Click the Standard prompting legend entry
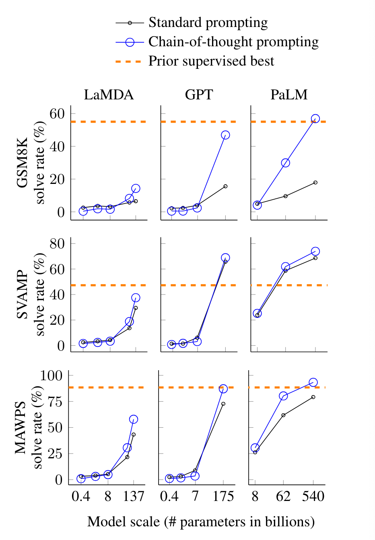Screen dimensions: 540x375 click(208, 23)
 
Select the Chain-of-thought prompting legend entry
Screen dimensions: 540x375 click(233, 42)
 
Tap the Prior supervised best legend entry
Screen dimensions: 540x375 click(211, 61)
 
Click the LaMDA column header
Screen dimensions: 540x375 click(109, 95)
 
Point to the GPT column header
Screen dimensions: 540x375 click(199, 95)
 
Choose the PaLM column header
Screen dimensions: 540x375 click(289, 95)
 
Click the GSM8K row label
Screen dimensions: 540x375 click(23, 163)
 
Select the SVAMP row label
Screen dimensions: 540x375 click(23, 295)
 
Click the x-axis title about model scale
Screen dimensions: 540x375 click(201, 522)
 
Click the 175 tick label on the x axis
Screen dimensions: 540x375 click(223, 497)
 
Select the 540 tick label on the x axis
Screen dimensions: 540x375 click(313, 497)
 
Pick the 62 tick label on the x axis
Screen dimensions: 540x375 click(283, 497)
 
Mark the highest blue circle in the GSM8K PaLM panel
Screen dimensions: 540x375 click(315, 119)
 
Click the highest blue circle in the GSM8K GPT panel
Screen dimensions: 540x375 click(225, 135)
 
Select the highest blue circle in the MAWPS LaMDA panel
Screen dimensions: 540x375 click(134, 419)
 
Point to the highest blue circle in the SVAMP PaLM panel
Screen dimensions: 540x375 click(315, 251)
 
